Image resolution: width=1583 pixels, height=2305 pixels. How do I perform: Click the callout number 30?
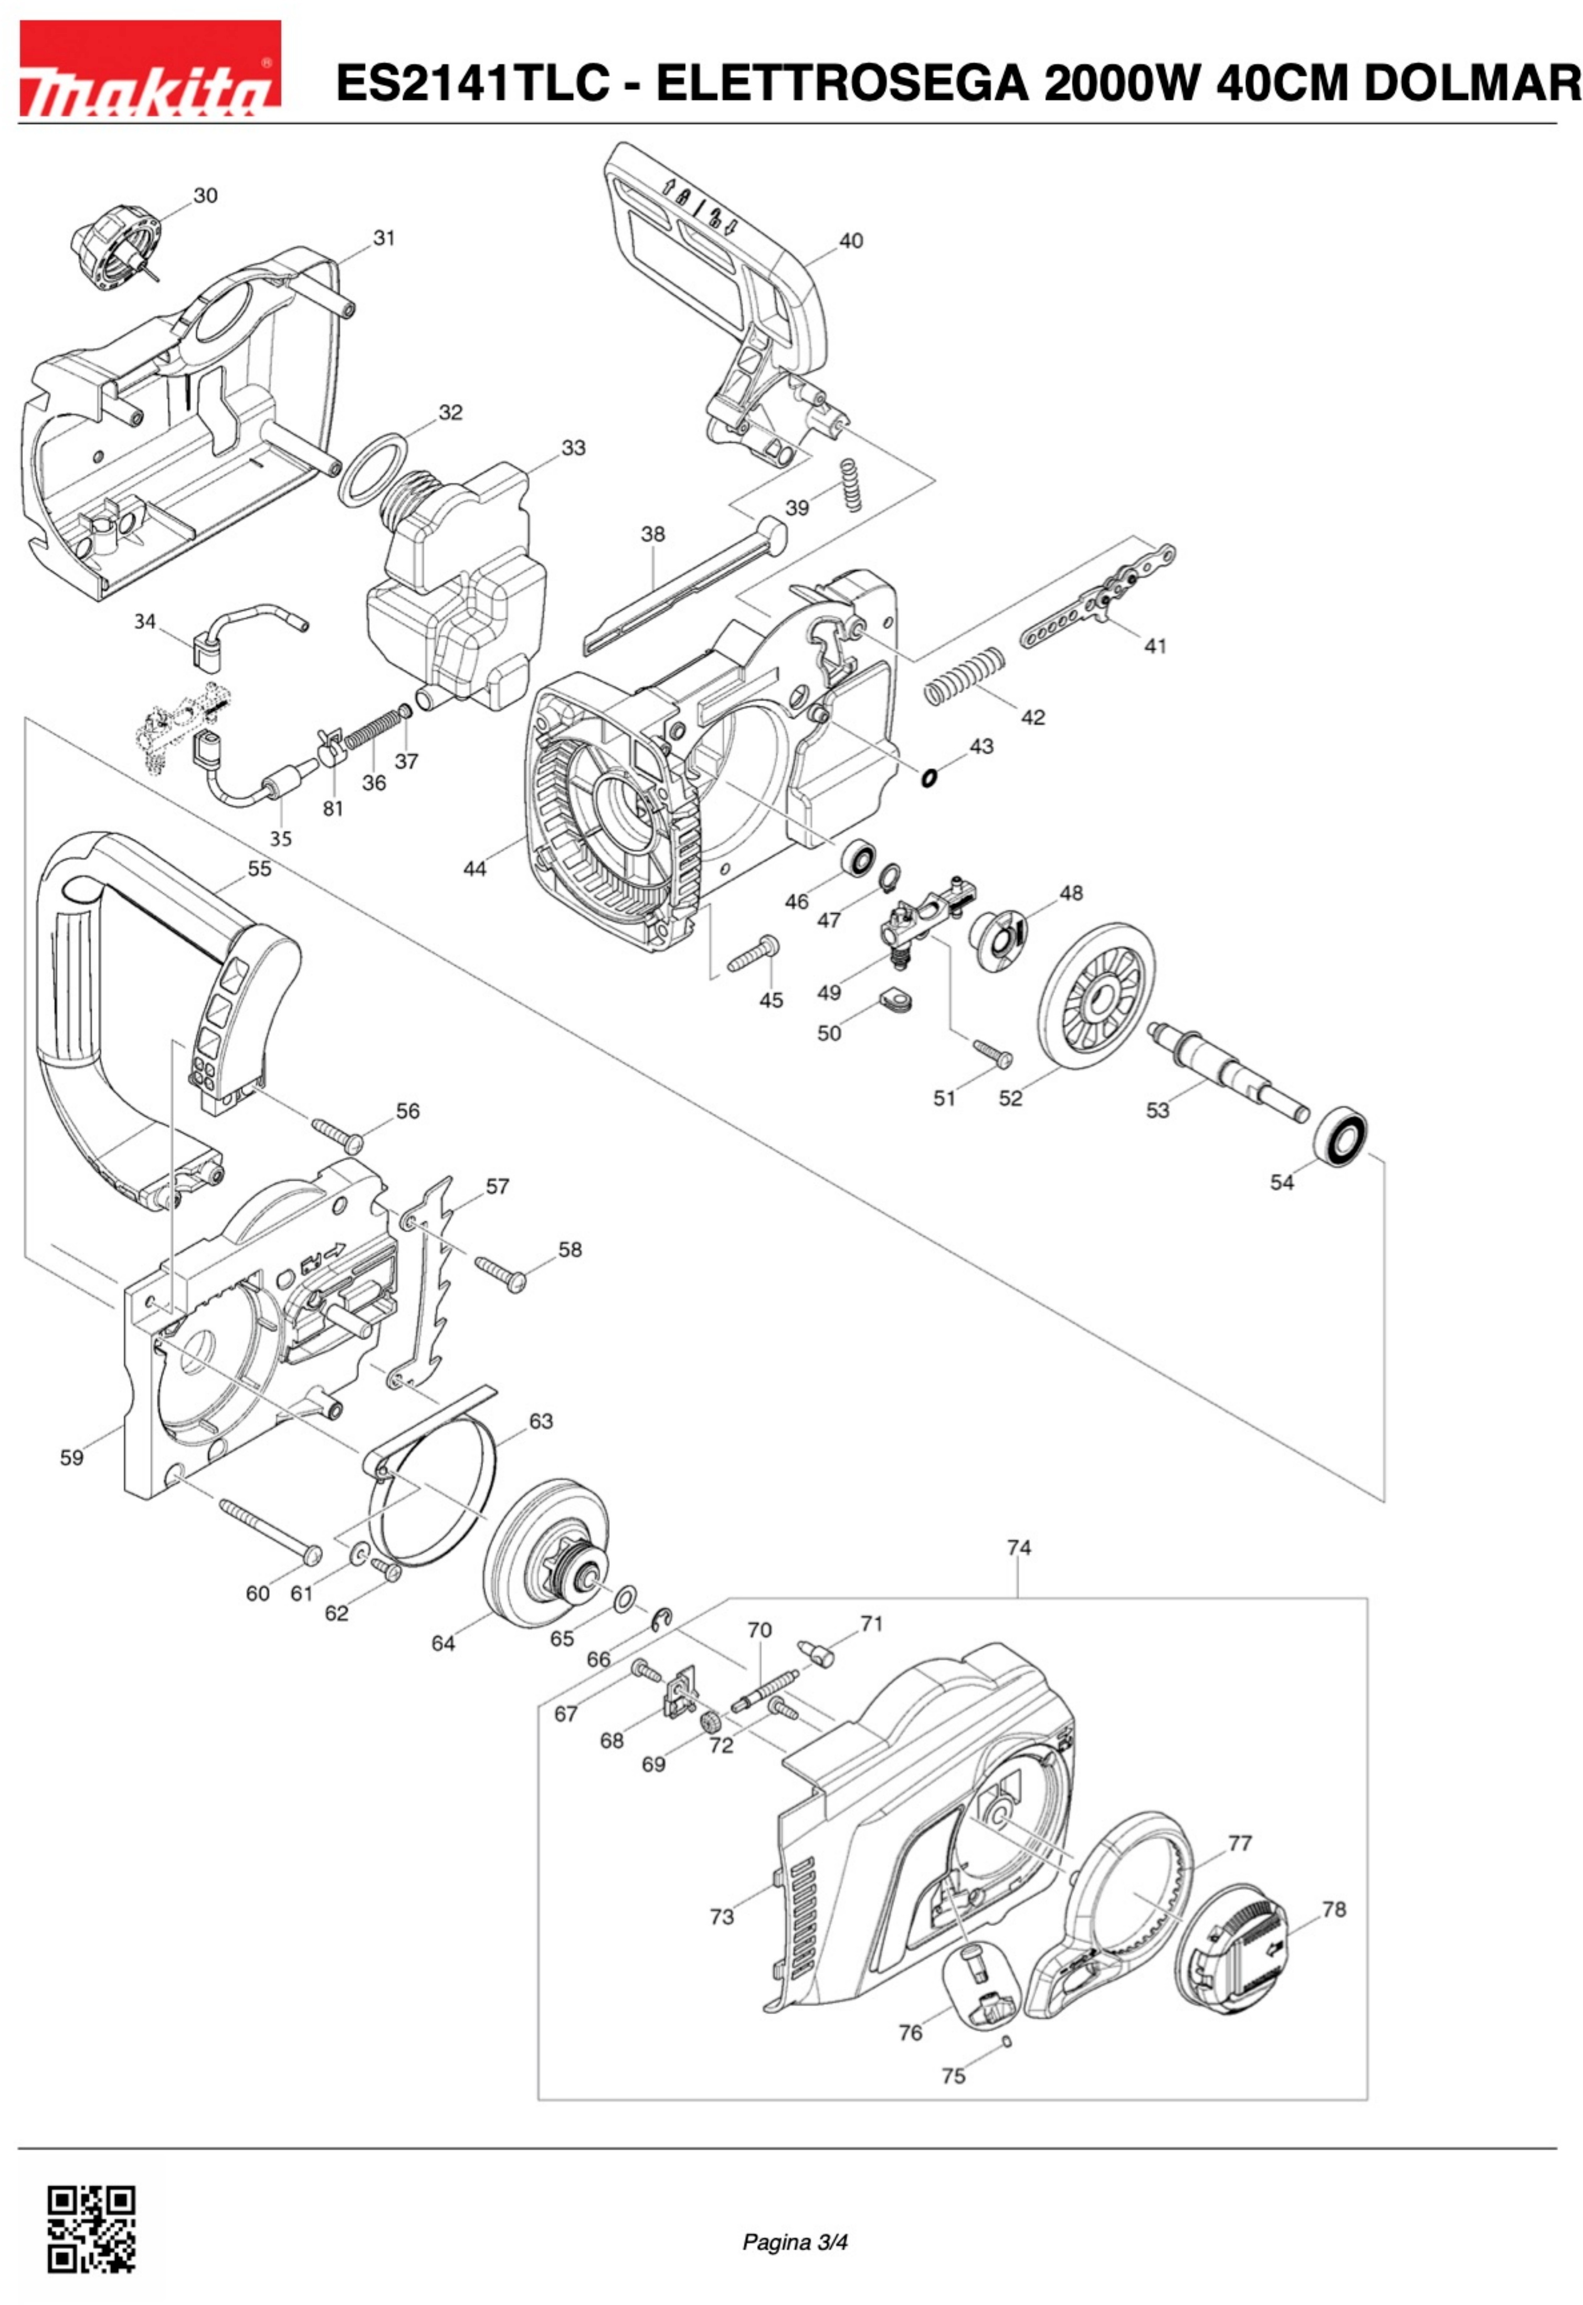pos(205,195)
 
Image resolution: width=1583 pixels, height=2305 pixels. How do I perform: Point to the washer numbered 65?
pos(626,1599)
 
